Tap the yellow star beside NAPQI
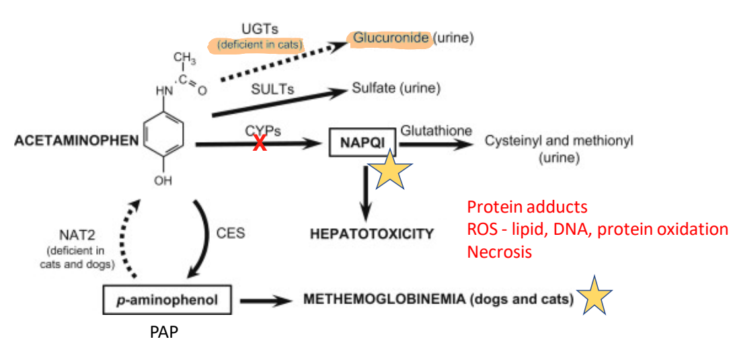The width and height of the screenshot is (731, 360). tap(391, 170)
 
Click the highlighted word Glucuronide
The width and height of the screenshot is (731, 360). tap(390, 38)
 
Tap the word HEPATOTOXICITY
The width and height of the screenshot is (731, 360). tap(372, 233)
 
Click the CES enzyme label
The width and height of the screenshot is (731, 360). tap(230, 233)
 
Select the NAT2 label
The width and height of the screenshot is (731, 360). tap(77, 235)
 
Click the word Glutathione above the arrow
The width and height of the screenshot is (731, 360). tap(436, 131)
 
